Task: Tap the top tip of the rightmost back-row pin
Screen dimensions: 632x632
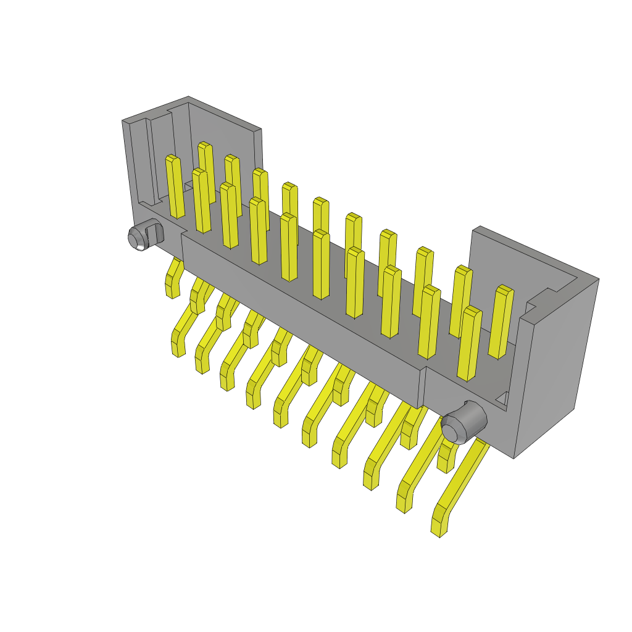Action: point(505,289)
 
